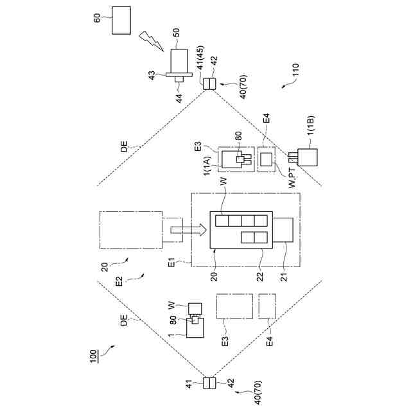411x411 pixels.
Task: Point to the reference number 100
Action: [93, 354]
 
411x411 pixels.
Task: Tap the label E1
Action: [171, 263]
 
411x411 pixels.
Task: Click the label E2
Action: [118, 281]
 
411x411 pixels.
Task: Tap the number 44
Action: [180, 98]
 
